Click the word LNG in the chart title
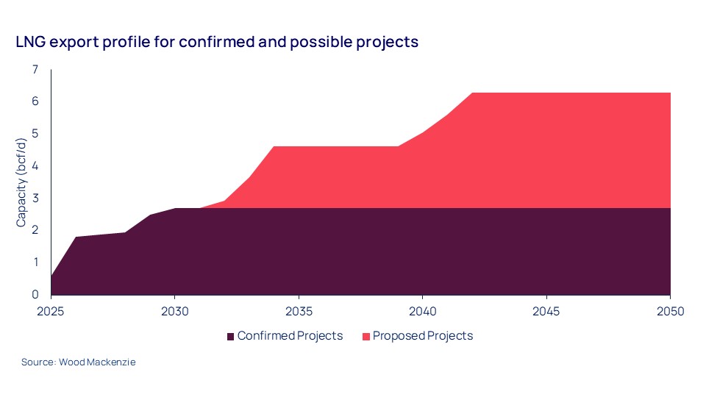click(30, 43)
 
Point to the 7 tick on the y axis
click(35, 70)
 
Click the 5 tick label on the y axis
click(35, 134)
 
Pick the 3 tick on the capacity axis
click(35, 198)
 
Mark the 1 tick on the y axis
click(35, 262)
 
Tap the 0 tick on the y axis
click(35, 294)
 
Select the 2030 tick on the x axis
click(174, 311)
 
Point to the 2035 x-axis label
click(298, 311)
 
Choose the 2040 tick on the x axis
click(422, 311)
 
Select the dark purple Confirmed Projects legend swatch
click(230, 337)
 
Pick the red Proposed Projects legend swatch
click(365, 337)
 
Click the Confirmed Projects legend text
click(290, 336)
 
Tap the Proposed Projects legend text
click(422, 336)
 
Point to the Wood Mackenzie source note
click(78, 362)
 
